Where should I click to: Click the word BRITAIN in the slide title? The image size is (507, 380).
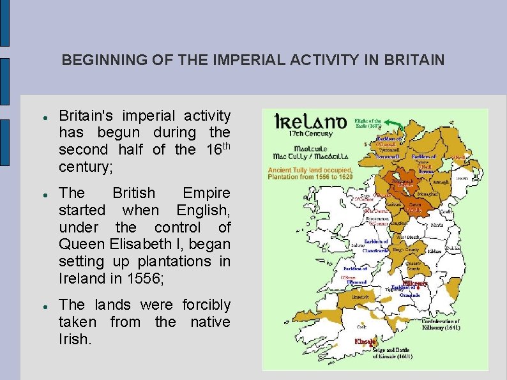point(414,61)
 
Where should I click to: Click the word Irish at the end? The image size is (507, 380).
point(75,339)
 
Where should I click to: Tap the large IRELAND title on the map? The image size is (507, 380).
point(310,121)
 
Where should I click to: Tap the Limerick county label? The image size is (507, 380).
point(361,298)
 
